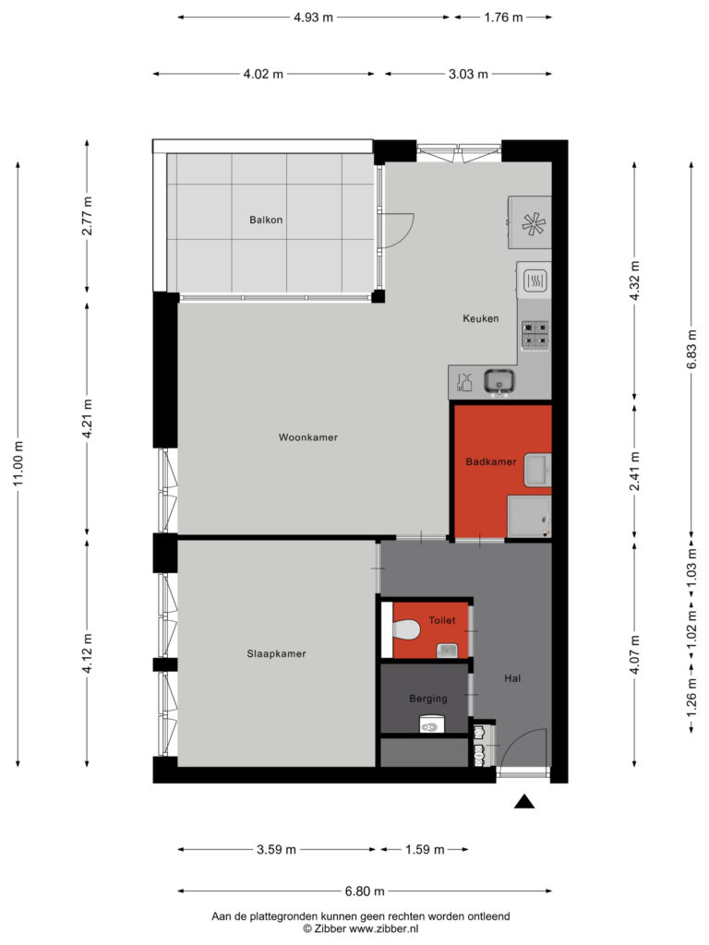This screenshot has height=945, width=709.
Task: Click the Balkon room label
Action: tap(266, 220)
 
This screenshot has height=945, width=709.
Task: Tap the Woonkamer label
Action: tap(308, 437)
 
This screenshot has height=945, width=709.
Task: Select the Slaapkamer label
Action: tap(276, 654)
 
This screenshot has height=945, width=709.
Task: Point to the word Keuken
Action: tap(480, 318)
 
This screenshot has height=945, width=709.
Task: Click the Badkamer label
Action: tap(491, 461)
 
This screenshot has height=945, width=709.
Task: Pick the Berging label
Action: tap(428, 700)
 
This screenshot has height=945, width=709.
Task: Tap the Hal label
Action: tap(512, 678)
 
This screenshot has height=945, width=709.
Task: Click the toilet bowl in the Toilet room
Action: tap(406, 629)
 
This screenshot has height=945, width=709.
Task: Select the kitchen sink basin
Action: tap(499, 382)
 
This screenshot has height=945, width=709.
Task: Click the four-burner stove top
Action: tap(535, 335)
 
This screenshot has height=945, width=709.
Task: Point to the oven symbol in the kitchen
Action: tap(535, 281)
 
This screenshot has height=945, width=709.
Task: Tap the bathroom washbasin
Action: tap(537, 470)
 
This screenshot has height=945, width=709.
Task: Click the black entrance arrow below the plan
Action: tap(524, 802)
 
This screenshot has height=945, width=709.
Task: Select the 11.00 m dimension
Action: tap(18, 464)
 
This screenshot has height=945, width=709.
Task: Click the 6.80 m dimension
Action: tap(365, 891)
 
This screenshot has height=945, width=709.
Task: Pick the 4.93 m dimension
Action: tap(314, 18)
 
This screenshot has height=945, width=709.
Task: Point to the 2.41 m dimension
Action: tap(634, 471)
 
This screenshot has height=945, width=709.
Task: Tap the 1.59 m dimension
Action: tap(425, 850)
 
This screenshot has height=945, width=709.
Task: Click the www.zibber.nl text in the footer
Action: tap(384, 929)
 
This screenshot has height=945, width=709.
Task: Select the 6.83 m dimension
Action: tap(692, 349)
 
